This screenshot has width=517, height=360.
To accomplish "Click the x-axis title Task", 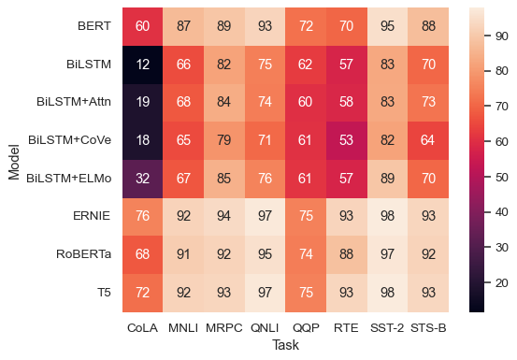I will (x=285, y=345).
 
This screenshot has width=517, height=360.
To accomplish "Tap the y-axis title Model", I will (x=14, y=159).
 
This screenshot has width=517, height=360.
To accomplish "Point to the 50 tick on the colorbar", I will (x=502, y=177).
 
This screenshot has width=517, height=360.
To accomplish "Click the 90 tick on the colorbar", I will (x=502, y=36).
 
